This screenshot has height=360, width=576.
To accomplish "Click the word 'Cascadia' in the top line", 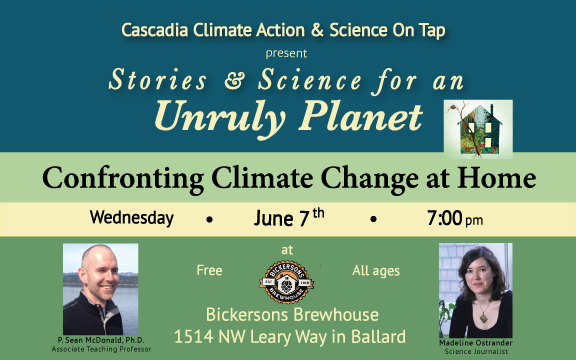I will click(157, 28).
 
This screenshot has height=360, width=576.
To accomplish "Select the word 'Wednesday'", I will click(131, 217).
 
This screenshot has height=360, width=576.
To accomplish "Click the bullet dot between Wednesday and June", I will click(209, 218).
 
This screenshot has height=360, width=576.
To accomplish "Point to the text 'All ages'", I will click(374, 270).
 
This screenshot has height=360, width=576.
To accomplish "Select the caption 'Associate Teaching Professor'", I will click(100, 350).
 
